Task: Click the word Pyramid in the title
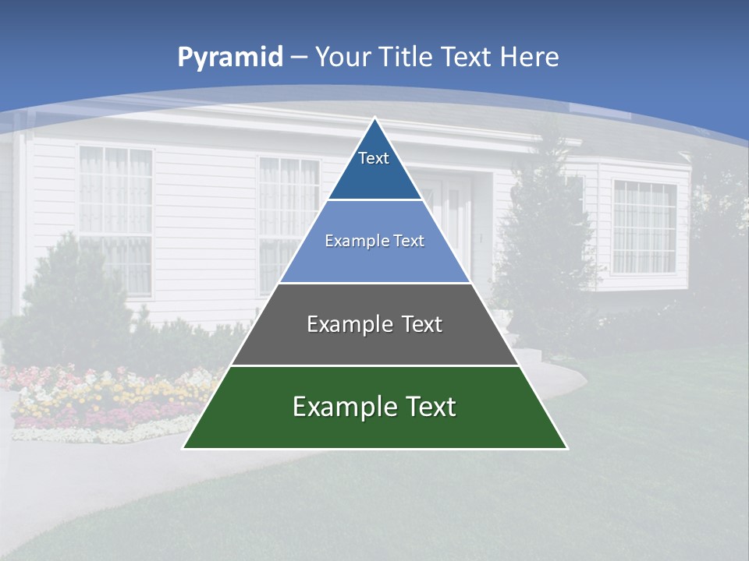230,57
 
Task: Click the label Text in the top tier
374,158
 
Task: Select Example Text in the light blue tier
374,241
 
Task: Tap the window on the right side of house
644,226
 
